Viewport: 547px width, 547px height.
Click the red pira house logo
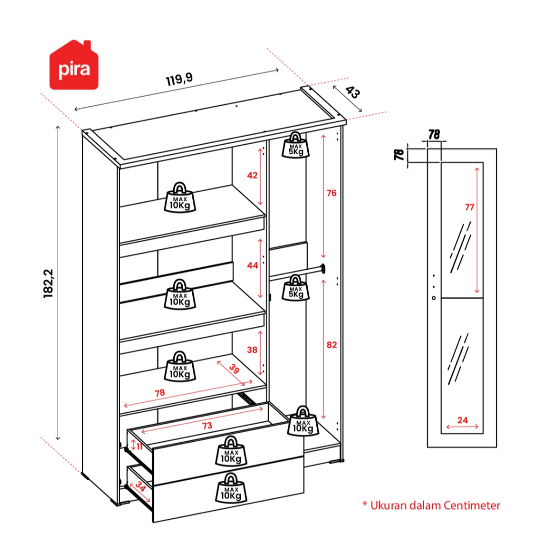tap(74, 66)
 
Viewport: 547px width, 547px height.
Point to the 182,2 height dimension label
tap(49, 283)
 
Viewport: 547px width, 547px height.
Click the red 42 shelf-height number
tap(253, 175)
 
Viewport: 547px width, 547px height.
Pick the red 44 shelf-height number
tap(253, 265)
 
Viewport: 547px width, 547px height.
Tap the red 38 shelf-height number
tap(253, 350)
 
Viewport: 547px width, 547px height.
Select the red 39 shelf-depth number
tap(234, 369)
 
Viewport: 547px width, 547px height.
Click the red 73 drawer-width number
tap(207, 426)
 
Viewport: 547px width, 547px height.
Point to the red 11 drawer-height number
tap(139, 446)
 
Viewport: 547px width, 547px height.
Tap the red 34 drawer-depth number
tap(140, 487)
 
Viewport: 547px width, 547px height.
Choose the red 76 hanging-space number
tap(332, 193)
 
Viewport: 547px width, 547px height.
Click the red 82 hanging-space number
tap(332, 346)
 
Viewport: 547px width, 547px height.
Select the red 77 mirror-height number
tap(469, 208)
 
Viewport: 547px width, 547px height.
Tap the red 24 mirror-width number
tap(463, 420)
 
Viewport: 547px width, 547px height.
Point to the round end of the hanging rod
tap(323, 269)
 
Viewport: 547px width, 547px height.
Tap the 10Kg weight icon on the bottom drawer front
tap(231, 488)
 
